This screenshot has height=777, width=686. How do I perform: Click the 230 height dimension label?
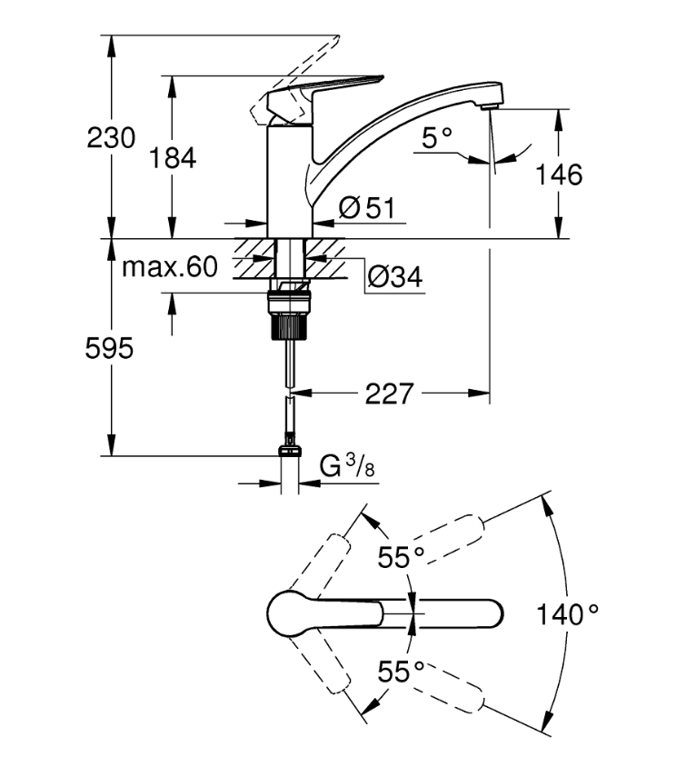tap(111, 138)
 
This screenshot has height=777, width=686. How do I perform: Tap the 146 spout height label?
tap(560, 174)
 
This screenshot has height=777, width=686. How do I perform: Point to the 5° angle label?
tap(436, 138)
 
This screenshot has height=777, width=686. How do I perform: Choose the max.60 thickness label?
tap(170, 267)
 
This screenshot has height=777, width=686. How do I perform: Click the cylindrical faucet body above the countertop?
tap(290, 182)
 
